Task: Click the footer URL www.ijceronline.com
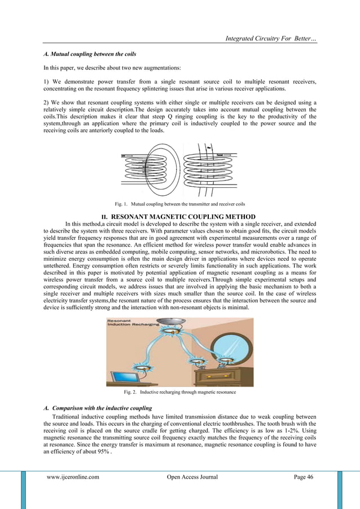73,477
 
